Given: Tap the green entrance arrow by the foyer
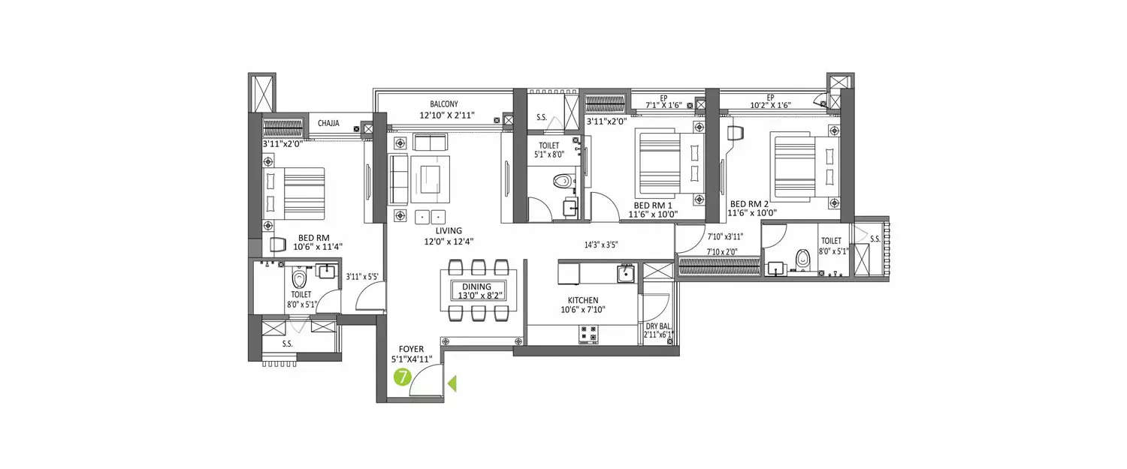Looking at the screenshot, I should [452, 384].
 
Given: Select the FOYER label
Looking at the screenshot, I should [412, 349].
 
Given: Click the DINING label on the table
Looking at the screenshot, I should [477, 286].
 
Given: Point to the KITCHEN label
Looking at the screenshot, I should [582, 300].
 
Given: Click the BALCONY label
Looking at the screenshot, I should [443, 104].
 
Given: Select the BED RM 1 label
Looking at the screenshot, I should [652, 205].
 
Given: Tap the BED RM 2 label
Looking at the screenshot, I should [748, 203].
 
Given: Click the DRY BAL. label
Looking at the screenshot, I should [658, 326].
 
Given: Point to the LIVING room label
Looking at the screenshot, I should [448, 230].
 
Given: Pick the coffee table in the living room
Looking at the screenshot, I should [431, 175].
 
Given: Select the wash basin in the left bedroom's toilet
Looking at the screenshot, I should [326, 271].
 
